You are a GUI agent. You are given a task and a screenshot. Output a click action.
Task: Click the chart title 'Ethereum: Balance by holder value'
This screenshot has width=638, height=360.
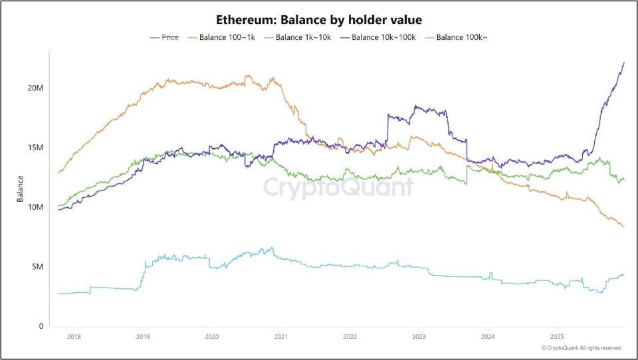(319, 20)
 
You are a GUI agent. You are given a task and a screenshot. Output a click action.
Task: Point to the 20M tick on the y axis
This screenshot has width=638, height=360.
(36, 88)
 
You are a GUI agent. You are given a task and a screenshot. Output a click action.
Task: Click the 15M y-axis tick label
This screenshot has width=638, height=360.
(36, 147)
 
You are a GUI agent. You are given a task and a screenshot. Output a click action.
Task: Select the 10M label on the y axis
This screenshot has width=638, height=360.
(36, 207)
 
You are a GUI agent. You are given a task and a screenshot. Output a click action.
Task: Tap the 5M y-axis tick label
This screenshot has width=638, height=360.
(39, 267)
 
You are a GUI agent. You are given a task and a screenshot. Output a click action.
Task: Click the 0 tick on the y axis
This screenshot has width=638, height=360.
(42, 326)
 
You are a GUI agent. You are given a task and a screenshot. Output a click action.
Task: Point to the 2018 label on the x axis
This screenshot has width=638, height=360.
(74, 337)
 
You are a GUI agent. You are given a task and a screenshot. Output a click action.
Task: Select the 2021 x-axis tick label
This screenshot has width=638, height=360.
(280, 337)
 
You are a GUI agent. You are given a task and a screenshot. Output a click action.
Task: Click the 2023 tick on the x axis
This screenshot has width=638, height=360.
(419, 337)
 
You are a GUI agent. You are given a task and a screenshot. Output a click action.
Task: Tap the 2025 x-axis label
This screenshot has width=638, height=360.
(556, 337)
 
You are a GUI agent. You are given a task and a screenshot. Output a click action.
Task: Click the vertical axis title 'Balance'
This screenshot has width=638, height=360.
(21, 188)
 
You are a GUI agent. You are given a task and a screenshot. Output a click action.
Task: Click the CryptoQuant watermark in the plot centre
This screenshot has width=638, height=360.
(338, 187)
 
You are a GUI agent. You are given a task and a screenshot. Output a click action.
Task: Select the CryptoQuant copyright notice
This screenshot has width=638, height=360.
(581, 348)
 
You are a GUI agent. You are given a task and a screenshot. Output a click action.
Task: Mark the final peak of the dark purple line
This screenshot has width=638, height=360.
(624, 62)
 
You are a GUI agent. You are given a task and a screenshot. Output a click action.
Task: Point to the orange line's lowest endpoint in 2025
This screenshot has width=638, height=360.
(624, 227)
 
